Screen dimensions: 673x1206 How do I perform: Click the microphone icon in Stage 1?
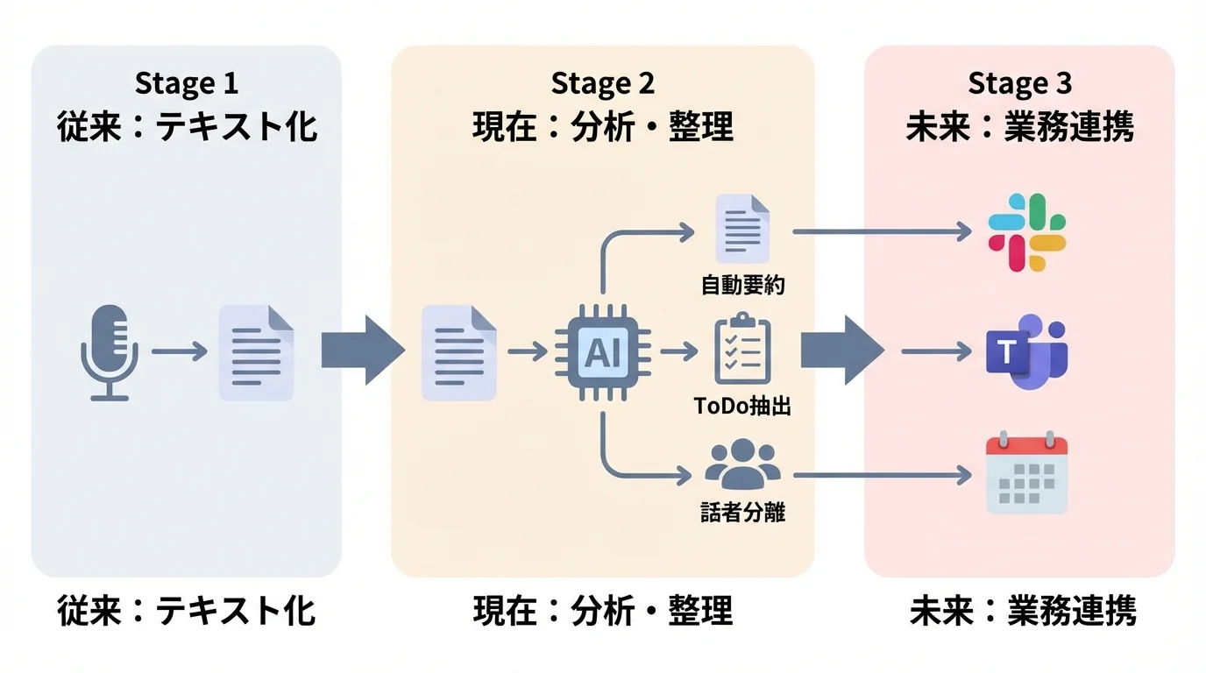[110, 352]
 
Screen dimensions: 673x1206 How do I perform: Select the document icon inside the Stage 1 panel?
[256, 352]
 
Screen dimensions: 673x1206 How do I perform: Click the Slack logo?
[1026, 231]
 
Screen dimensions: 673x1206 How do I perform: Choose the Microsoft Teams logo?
[1026, 353]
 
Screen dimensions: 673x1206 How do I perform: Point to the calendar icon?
[1026, 474]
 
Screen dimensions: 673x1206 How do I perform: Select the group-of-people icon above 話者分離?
[742, 464]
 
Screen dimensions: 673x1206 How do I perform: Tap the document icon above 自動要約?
[742, 229]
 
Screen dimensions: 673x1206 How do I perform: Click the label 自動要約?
[742, 286]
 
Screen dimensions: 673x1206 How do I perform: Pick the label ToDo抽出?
[742, 407]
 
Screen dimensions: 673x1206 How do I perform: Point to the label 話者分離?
[742, 512]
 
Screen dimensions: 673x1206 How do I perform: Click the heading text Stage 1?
[186, 84]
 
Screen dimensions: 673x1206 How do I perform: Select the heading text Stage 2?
[603, 84]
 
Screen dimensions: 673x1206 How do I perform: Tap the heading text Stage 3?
[1019, 84]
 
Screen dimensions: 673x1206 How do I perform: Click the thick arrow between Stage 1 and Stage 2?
[362, 351]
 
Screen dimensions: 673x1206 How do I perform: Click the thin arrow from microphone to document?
[179, 352]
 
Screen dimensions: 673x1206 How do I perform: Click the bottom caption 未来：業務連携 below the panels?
[1023, 611]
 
